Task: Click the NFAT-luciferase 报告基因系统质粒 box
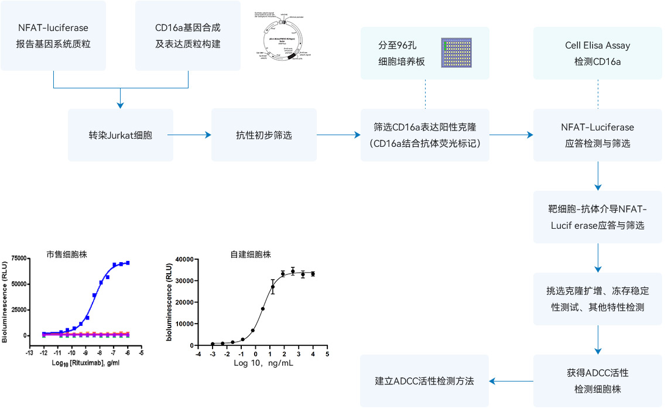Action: click(53, 36)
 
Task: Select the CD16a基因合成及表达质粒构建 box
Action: click(188, 36)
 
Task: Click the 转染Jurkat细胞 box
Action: click(121, 135)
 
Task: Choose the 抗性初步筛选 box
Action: click(264, 135)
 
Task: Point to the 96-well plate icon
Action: click(457, 53)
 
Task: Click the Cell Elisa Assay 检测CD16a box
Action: click(597, 53)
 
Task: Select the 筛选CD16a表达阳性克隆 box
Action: click(424, 135)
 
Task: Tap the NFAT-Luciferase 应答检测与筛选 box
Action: click(597, 135)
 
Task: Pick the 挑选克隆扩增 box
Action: click(597, 298)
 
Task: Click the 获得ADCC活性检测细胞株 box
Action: click(597, 380)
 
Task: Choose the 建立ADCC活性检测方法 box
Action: click(424, 380)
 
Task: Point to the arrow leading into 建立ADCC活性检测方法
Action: click(511, 381)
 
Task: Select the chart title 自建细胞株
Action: click(250, 255)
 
